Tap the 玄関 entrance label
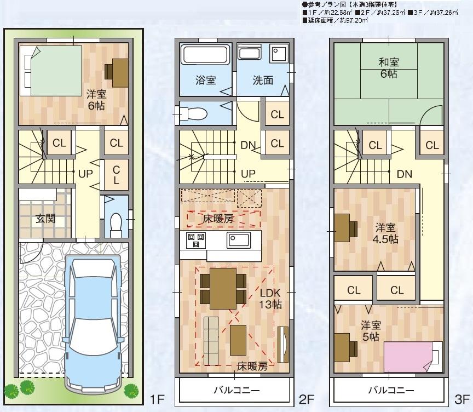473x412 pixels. point(46,219)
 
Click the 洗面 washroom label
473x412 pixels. point(263,81)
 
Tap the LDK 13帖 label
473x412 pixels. point(270,299)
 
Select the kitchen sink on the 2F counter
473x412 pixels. point(238,239)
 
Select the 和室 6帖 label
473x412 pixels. point(389,68)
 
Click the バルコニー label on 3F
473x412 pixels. point(390,391)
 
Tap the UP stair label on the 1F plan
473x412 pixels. point(85,174)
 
